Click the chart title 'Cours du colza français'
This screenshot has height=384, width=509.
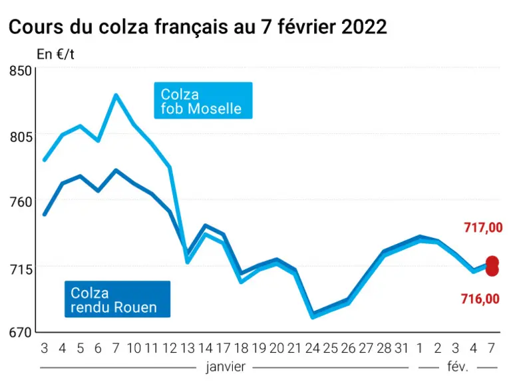119,27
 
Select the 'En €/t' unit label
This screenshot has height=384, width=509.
55,54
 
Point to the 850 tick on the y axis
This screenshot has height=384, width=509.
20,71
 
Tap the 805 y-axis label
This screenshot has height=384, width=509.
21,137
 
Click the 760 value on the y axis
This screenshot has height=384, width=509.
21,202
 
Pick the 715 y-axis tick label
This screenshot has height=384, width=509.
21,269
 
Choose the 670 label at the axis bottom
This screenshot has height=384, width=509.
20,333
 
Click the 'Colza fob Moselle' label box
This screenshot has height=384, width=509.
203,101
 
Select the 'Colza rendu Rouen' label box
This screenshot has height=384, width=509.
118,299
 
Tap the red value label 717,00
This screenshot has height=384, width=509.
483,227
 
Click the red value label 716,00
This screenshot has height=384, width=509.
480,299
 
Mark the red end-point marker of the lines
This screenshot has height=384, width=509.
492,266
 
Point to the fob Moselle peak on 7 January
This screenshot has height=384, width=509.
116,95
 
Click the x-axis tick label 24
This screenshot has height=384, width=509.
312,349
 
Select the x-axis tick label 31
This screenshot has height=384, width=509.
401,349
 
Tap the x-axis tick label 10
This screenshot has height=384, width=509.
134,349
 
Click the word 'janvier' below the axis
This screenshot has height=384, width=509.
226,367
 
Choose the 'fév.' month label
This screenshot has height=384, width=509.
458,367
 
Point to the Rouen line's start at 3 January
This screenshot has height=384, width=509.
45,215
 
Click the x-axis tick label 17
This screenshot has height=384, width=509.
223,349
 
